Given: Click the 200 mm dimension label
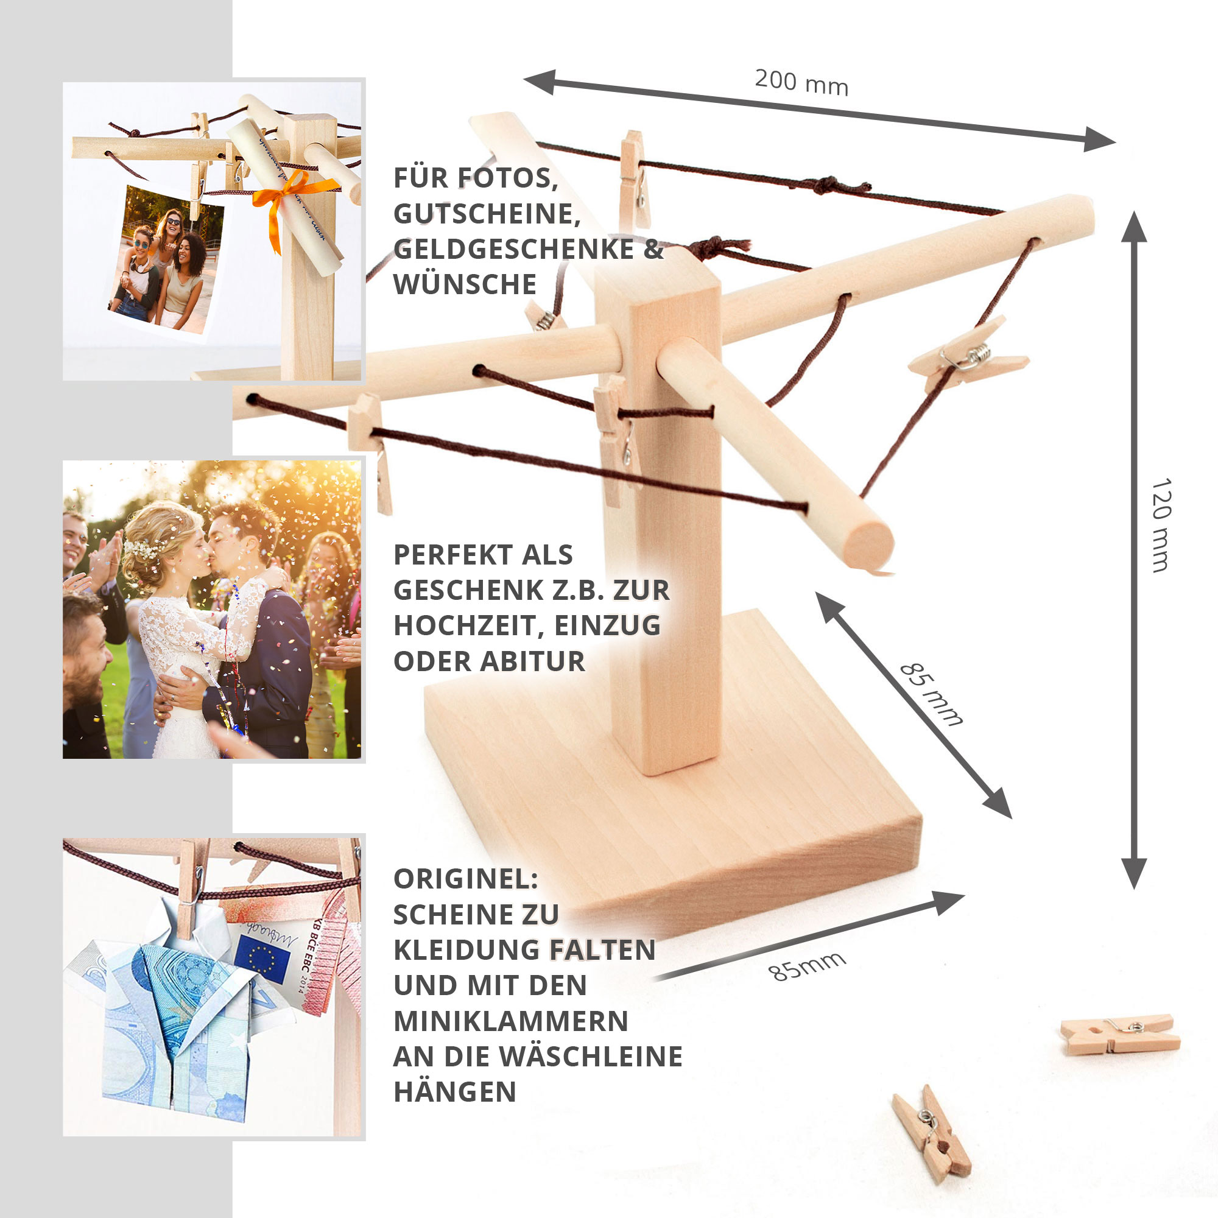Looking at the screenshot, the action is pos(801,83).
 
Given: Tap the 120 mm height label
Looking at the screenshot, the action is pos(1161,524).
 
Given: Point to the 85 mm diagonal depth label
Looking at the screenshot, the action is pos(931,694).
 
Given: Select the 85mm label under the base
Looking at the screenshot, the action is pos(807,966).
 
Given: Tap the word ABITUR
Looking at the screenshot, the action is pos(533,661).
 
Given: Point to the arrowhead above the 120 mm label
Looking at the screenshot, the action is pos(1134,227).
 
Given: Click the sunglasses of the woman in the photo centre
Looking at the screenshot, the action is pos(172,222).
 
